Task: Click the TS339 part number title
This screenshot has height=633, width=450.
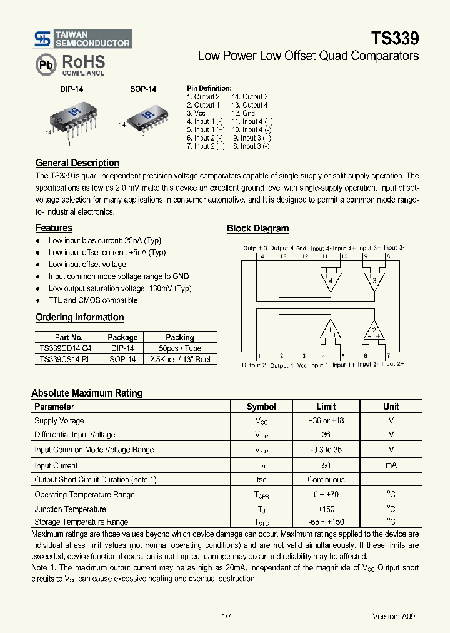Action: click(395, 38)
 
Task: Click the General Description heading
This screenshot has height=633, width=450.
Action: click(77, 163)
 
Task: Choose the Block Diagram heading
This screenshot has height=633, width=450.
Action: click(257, 229)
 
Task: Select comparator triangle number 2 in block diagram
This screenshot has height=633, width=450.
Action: click(374, 329)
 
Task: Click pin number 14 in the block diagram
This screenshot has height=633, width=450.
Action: click(260, 256)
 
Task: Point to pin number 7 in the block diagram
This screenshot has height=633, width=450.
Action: click(388, 355)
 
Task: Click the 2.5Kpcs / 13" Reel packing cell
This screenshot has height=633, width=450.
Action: click(180, 359)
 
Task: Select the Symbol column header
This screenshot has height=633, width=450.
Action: click(261, 407)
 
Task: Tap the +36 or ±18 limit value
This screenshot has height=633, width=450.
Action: click(326, 421)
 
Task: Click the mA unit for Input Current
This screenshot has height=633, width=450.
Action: click(391, 465)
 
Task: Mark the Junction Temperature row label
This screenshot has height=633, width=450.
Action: click(70, 509)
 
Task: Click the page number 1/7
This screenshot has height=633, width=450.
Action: click(226, 616)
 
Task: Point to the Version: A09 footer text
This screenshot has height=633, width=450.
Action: click(393, 616)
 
